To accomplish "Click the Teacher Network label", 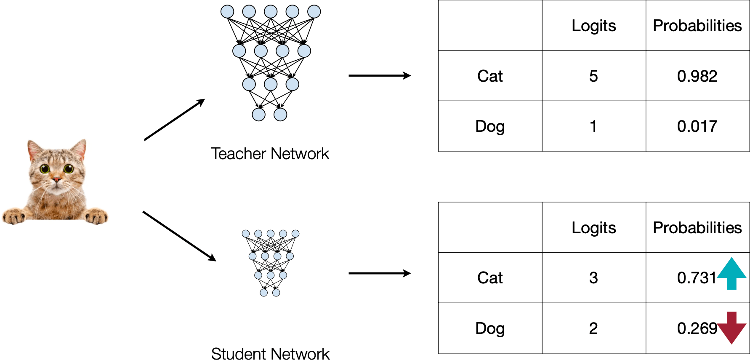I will click(270, 154).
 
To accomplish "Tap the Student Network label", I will click(270, 354).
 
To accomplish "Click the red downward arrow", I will click(732, 328).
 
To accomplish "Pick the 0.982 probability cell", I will click(697, 76).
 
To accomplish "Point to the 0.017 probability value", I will click(697, 126).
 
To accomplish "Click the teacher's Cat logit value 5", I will click(593, 76).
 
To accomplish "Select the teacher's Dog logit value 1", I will click(593, 126).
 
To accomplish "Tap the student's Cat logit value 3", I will click(593, 278).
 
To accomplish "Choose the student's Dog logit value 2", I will click(593, 328).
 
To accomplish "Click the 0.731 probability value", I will click(697, 278).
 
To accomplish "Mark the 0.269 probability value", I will click(697, 328).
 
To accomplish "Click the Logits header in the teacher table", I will click(593, 26).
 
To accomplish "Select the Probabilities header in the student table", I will click(697, 228).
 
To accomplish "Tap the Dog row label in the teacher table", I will click(490, 126).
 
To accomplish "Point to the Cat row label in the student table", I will click(490, 278).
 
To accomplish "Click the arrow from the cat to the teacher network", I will click(174, 120).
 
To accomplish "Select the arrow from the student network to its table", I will click(379, 273).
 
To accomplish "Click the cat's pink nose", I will click(56, 180).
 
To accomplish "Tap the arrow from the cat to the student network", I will click(179, 236).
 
